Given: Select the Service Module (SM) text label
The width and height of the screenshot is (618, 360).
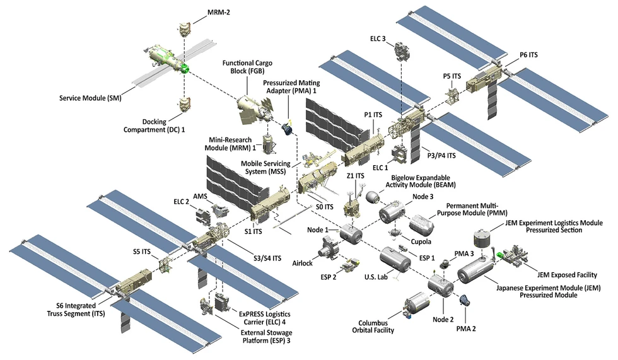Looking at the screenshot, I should point(90,98).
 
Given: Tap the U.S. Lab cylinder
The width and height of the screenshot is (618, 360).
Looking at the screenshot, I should point(395,260).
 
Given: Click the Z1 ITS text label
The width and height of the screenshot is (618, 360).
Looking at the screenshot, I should point(355,176).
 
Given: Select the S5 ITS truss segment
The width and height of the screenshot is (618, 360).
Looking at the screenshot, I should point(165,264).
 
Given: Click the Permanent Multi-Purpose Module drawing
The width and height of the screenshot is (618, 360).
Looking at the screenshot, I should point(420,222).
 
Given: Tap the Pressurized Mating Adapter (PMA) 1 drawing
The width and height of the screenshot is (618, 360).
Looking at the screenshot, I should point(287,129).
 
